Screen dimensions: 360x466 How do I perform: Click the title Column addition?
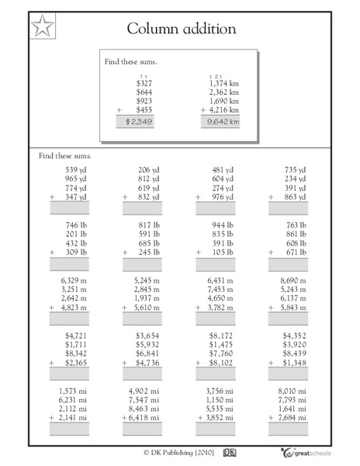[182, 30]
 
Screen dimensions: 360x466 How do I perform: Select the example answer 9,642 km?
[223, 121]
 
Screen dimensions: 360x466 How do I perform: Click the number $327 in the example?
[144, 82]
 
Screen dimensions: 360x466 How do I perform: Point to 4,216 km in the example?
[224, 110]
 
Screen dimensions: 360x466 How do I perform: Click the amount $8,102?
[224, 362]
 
